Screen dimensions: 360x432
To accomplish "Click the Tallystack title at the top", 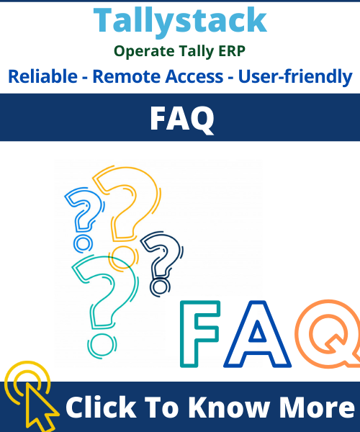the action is (x=180, y=21).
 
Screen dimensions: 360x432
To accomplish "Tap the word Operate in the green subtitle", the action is (x=144, y=52).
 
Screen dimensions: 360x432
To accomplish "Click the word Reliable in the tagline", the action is (x=42, y=76).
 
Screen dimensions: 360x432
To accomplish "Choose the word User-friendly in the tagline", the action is (x=295, y=77).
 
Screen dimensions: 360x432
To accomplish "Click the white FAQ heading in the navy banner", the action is (x=181, y=119).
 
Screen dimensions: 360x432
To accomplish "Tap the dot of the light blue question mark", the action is (x=83, y=244).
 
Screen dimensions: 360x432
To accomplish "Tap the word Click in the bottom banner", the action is (x=101, y=407).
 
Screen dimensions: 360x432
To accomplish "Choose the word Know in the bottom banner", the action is (x=229, y=407).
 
